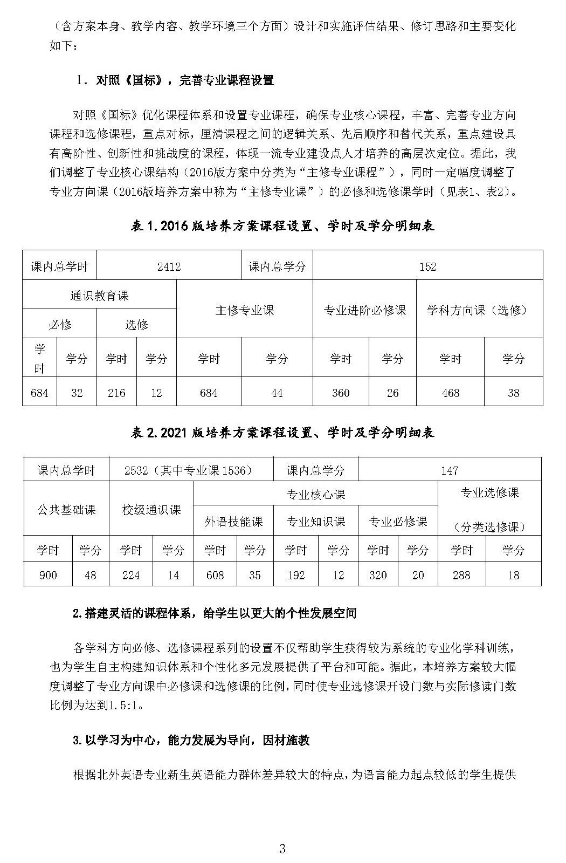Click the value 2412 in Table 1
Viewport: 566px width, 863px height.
point(169,266)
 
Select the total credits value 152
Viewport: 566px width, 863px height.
point(427,266)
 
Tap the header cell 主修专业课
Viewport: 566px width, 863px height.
point(244,310)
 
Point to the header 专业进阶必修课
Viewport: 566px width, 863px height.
point(364,310)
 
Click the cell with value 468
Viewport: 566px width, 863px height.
point(450,393)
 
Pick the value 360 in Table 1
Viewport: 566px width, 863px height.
point(340,393)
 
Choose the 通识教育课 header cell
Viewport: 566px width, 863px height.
point(99,296)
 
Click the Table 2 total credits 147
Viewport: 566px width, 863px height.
point(449,470)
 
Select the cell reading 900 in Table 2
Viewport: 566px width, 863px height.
point(48,575)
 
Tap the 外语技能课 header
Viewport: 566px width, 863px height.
point(233,522)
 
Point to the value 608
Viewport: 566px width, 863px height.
point(215,575)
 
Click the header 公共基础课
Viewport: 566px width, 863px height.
point(66,509)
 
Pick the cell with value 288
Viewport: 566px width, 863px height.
point(461,575)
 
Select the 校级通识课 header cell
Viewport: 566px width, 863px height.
point(151,509)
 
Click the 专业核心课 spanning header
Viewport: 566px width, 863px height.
point(315,495)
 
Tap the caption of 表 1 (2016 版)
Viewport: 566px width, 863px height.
point(282,226)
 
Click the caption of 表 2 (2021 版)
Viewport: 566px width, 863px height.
point(282,433)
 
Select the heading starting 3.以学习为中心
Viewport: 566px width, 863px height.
point(191,740)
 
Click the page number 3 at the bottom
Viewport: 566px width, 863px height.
point(282,850)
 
